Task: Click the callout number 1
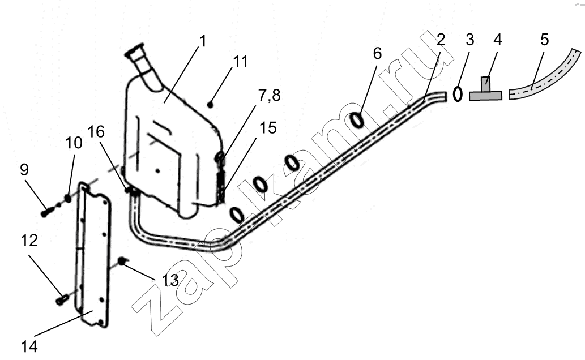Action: tap(202, 41)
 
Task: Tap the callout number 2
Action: tap(441, 40)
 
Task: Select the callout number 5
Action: tap(544, 40)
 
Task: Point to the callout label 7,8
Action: tap(269, 96)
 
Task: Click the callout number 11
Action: tap(240, 62)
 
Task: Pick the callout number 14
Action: tap(29, 346)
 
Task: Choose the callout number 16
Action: tap(96, 132)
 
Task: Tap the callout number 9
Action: tap(24, 170)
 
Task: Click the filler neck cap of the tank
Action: tap(134, 52)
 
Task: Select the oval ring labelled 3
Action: tap(458, 93)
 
